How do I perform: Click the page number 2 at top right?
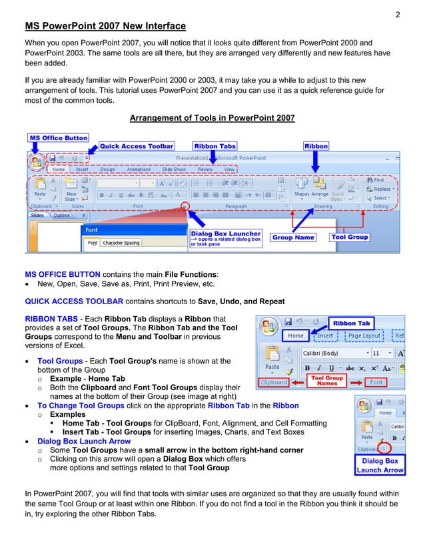[397, 14]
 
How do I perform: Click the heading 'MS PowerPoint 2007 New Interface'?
[105, 27]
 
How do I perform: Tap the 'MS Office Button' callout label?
[59, 138]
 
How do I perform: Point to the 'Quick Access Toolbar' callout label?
[137, 146]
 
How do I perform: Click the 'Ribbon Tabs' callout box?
[214, 146]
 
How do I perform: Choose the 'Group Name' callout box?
[292, 237]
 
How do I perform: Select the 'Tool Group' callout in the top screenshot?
[349, 237]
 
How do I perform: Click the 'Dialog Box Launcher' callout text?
[226, 234]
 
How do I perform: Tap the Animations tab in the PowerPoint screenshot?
[139, 169]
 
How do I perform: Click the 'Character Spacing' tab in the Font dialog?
[121, 243]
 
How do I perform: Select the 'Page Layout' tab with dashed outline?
[364, 336]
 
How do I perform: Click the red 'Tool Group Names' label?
[327, 380]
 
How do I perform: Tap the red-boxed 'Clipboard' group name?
[274, 382]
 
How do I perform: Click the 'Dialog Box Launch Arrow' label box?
[380, 465]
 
